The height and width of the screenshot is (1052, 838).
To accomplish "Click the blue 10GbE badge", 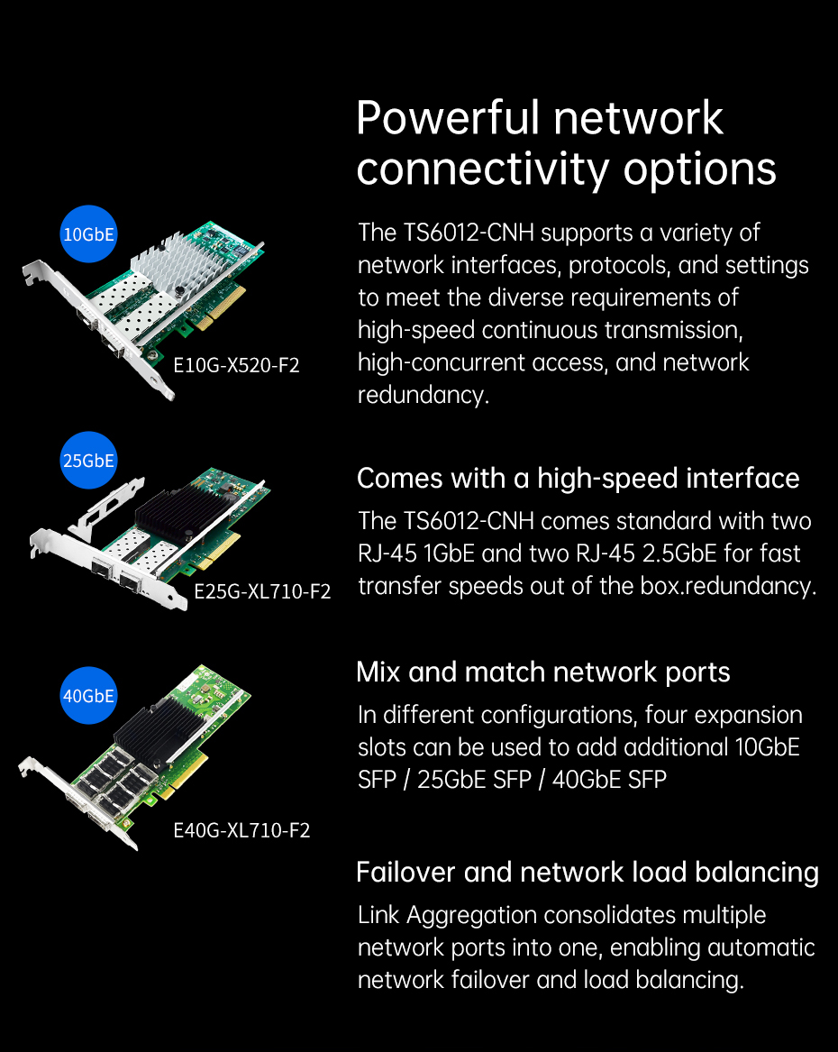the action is coord(88,234).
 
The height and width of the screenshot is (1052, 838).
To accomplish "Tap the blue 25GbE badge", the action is coord(88,461).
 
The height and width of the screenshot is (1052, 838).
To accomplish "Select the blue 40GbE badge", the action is coord(88,696).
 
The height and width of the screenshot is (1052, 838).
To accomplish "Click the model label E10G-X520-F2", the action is coord(236,365).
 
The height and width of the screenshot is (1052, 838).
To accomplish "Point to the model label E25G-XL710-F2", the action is coord(262,591).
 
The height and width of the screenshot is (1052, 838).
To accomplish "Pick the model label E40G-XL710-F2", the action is coord(241,830).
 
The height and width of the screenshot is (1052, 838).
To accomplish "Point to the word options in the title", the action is coord(700,170).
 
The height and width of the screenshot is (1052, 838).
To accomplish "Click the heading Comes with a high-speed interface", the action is coord(578,479).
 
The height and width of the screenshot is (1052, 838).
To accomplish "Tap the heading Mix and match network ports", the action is coord(543,672).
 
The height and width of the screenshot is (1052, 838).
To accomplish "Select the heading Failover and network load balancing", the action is coord(588,873).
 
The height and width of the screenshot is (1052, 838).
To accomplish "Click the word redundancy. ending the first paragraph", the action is coord(423,395).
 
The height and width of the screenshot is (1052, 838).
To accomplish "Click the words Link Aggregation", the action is coord(447,916).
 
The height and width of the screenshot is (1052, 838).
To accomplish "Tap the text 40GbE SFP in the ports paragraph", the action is coord(609,780).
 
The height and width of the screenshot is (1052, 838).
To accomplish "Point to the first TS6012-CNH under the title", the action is coord(469,233).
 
